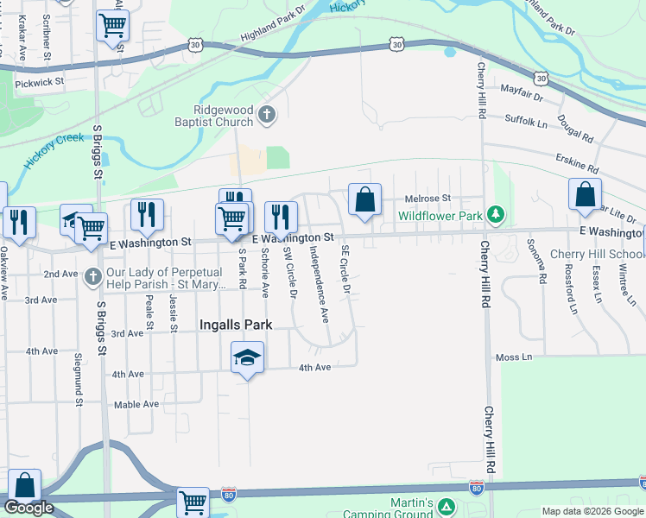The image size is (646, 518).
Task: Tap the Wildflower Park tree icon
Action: [x=495, y=213]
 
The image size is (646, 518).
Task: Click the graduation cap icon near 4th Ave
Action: [x=247, y=357]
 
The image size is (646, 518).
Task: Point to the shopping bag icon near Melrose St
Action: [x=365, y=200]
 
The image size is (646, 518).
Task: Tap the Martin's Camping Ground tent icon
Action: [x=446, y=506]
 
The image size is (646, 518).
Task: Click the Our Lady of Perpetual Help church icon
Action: [x=93, y=277]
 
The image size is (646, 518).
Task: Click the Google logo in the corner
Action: [x=28, y=508]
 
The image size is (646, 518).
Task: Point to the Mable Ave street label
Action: [x=136, y=404]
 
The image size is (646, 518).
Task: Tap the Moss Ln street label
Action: [x=513, y=357]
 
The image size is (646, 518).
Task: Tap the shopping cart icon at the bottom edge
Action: [x=193, y=502]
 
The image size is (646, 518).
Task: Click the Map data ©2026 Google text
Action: [x=593, y=511]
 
